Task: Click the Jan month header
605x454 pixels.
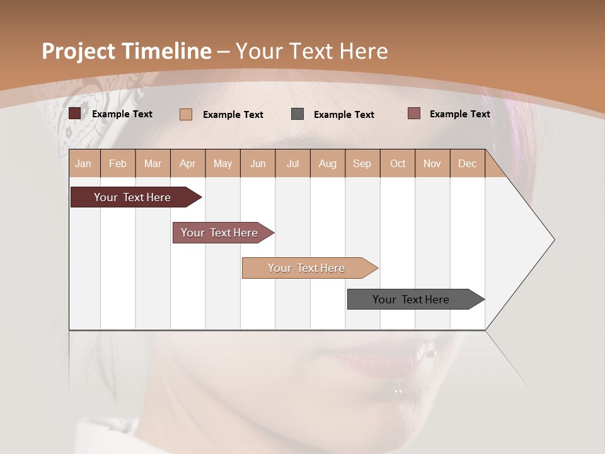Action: pyautogui.click(x=83, y=163)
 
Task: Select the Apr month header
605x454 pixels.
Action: pyautogui.click(x=188, y=163)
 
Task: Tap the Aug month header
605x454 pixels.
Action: pyautogui.click(x=327, y=163)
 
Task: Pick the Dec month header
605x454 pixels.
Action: pyautogui.click(x=467, y=163)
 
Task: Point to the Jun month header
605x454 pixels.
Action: pyautogui.click(x=258, y=163)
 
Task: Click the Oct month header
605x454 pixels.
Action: pyautogui.click(x=398, y=163)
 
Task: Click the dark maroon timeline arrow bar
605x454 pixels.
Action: pyautogui.click(x=132, y=197)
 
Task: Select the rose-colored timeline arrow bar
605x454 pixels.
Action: pyautogui.click(x=219, y=233)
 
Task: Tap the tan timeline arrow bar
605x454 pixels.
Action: pyautogui.click(x=306, y=268)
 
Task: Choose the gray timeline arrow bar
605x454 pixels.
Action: pyautogui.click(x=411, y=300)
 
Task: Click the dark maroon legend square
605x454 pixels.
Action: pyautogui.click(x=75, y=113)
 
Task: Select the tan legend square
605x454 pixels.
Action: pyautogui.click(x=186, y=114)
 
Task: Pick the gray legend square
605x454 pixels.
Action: pyautogui.click(x=297, y=114)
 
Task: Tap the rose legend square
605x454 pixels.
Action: pyautogui.click(x=413, y=113)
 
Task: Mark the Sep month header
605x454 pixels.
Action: pyautogui.click(x=362, y=163)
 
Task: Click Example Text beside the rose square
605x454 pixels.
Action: pyautogui.click(x=459, y=114)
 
